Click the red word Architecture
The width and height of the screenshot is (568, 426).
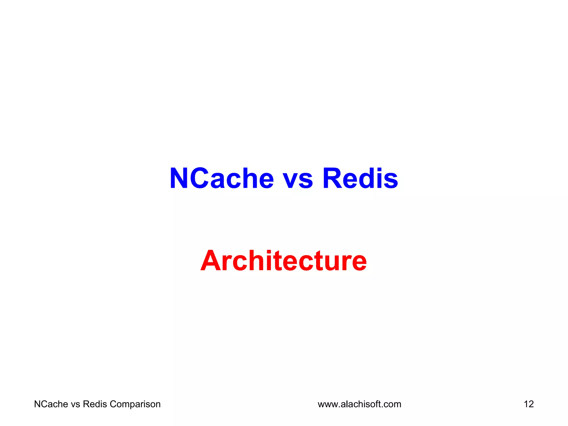pos(283,260)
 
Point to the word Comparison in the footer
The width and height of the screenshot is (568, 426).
pos(135,404)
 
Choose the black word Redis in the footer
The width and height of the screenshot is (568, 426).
pos(95,404)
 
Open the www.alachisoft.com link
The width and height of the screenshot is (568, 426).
pos(359,404)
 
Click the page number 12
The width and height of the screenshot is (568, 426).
pos(529,404)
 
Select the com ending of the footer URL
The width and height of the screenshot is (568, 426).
pos(392,405)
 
